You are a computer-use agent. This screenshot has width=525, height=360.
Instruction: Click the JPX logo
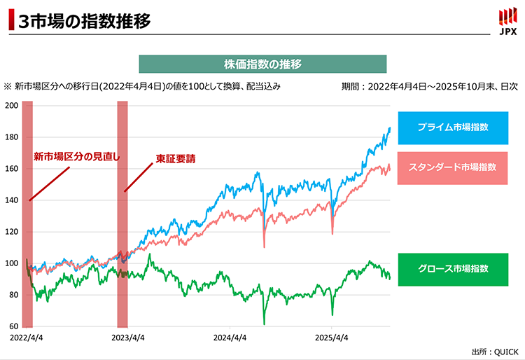(507, 21)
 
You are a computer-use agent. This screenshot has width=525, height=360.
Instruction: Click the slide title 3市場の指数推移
(84, 21)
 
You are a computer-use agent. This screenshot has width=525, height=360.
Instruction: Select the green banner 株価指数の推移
(262, 64)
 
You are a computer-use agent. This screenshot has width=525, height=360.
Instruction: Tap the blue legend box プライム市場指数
(452, 127)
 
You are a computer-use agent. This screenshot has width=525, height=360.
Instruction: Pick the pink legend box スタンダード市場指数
(452, 167)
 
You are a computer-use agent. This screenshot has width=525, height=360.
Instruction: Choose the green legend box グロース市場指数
(452, 268)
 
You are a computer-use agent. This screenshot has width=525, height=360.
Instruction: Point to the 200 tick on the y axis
(11, 106)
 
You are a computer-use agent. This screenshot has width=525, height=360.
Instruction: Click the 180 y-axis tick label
(11, 137)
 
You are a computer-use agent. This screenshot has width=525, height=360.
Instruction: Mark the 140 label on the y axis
(11, 200)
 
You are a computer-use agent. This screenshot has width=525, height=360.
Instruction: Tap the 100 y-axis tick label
(11, 263)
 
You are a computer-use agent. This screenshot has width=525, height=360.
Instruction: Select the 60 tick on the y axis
(13, 326)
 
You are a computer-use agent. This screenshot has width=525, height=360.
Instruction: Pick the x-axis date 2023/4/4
(127, 337)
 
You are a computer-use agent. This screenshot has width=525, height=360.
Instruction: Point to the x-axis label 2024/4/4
(230, 337)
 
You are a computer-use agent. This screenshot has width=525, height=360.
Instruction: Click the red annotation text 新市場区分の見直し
(77, 157)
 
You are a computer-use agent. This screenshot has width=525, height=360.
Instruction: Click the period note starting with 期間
(429, 87)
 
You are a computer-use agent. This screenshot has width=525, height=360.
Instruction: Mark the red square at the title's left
(10, 21)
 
